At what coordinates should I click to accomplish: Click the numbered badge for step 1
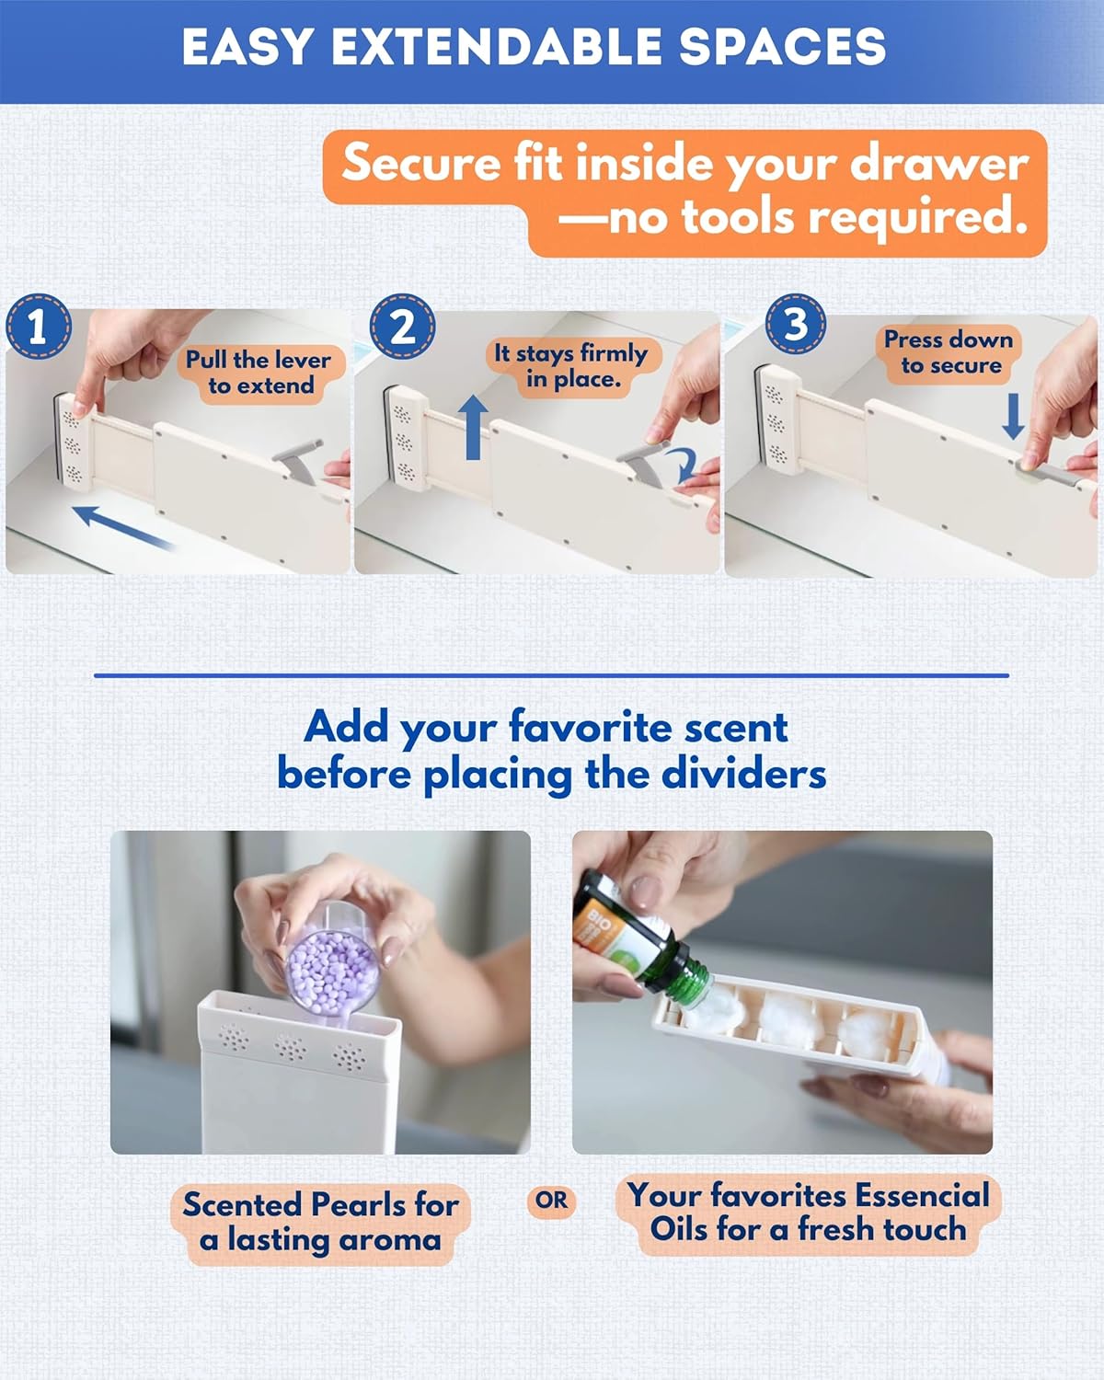38,326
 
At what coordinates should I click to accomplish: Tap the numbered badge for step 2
402,327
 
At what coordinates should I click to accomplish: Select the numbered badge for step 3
795,324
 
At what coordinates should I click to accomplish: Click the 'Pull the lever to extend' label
259,373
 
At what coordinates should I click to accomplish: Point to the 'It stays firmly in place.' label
572,366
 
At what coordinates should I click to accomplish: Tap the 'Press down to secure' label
949,352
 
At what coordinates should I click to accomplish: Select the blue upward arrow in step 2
473,427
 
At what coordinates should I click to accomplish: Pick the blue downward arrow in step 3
1013,417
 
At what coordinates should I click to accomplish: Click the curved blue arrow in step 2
685,465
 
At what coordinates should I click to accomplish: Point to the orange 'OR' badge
551,1201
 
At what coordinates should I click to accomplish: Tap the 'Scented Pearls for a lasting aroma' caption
320,1222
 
